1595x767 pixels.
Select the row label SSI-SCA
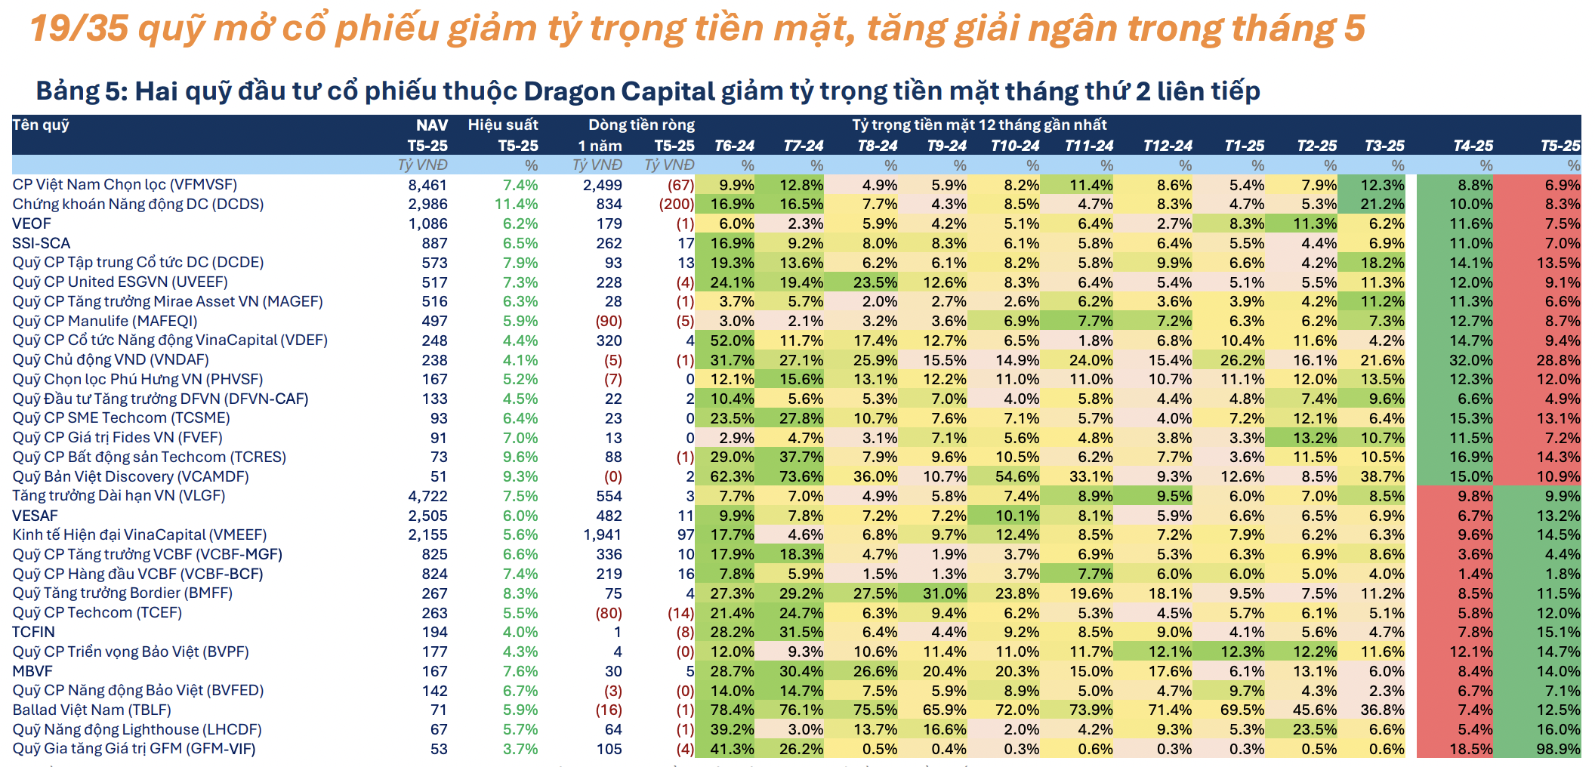click(42, 243)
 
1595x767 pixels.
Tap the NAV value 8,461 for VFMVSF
click(427, 185)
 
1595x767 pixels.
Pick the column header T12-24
click(1167, 146)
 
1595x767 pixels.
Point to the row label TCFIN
click(34, 632)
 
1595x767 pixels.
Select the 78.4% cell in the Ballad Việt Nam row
click(732, 710)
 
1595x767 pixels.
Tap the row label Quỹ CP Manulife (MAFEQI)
click(105, 321)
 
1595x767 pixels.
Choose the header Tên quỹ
click(41, 125)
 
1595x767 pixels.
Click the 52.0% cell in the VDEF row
click(732, 340)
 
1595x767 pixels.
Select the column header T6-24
click(734, 146)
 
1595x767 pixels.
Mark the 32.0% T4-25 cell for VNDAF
click(1470, 360)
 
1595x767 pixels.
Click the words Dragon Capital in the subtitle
click(619, 91)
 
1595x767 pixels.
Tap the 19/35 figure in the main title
click(79, 29)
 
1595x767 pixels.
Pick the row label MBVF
click(33, 671)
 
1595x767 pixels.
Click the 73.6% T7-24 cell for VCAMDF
click(801, 476)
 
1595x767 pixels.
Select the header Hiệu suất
click(503, 125)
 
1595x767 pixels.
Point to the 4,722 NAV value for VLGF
click(427, 496)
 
